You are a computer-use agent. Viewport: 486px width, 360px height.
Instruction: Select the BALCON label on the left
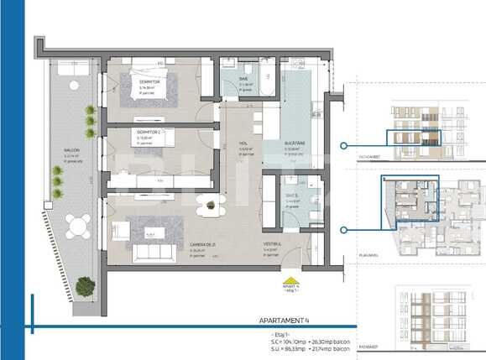[x=72, y=152]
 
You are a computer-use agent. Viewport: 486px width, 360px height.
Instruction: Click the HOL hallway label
[x=243, y=143]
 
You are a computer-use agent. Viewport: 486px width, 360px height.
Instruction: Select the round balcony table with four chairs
[x=80, y=226]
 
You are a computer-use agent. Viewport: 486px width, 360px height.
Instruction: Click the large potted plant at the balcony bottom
[x=85, y=287]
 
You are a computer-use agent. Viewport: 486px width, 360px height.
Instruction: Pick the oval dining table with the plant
[x=211, y=205]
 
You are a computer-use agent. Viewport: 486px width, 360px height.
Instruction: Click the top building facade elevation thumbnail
[x=415, y=127]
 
